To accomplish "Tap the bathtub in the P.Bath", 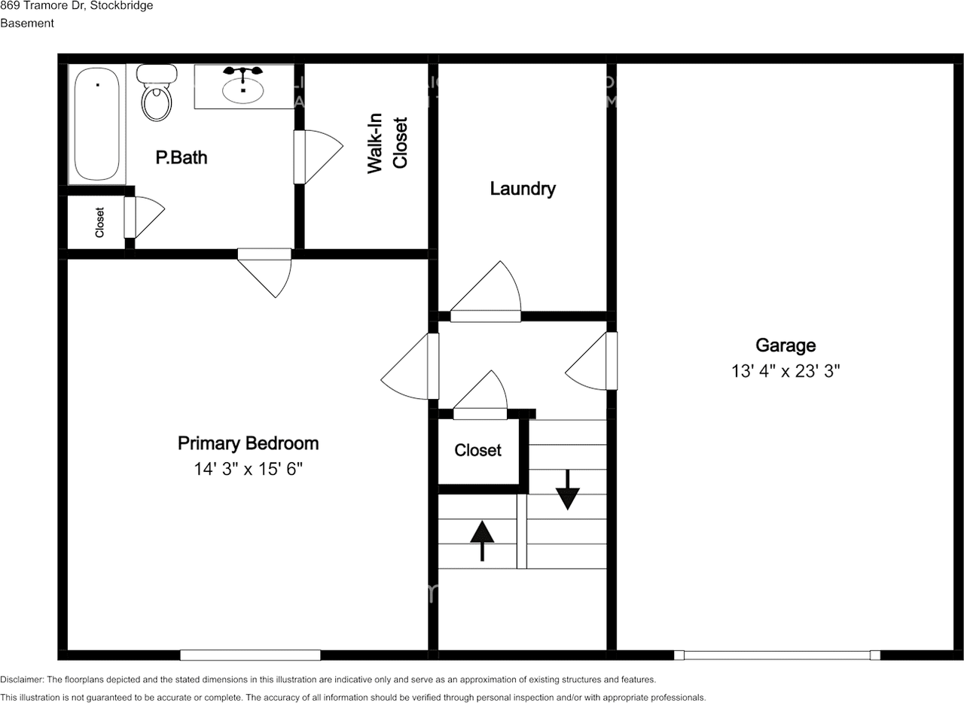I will pos(96,124).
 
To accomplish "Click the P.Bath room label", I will pos(181,158).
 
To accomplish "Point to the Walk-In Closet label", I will pos(387,145).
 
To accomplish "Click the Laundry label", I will pos(523,189).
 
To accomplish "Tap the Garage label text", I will pos(786,345).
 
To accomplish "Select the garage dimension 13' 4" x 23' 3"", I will pos(786,371).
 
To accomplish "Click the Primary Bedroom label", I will pos(248,443).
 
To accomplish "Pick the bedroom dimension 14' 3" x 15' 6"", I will pos(248,470).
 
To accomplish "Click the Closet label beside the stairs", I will pos(477,450).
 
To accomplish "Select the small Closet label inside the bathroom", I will pos(99,223).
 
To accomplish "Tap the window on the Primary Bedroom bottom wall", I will pos(250,655).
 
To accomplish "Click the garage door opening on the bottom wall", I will pos(777,655).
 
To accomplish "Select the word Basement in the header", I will pos(27,23).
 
